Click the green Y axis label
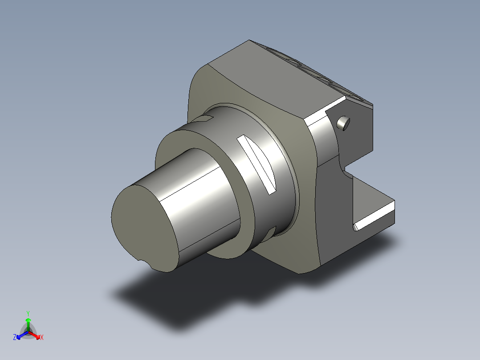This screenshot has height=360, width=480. pos(28,313)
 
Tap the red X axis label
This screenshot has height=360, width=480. pos(42,337)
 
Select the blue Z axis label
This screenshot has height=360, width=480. pos(15,337)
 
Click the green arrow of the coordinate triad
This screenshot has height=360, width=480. pos(28,324)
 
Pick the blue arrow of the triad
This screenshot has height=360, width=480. pos(22,335)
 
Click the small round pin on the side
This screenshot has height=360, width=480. pos(343,123)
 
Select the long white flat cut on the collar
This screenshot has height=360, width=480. pos(256,164)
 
